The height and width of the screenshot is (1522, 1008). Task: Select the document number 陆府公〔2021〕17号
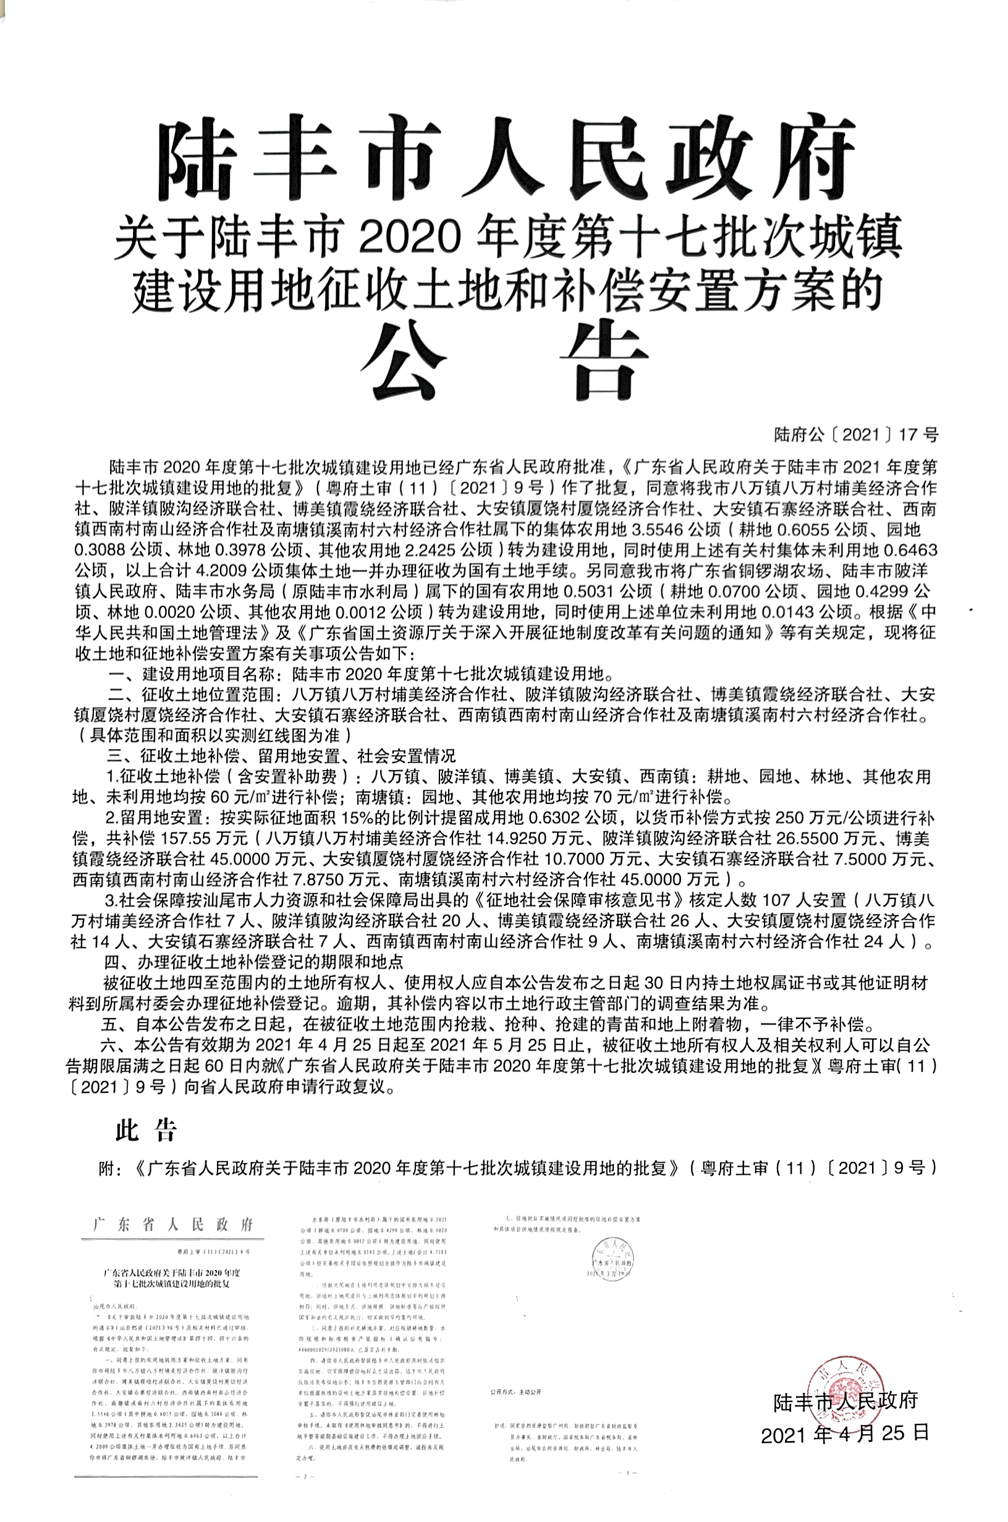855,435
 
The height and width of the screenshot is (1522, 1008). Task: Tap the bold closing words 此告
146,1128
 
